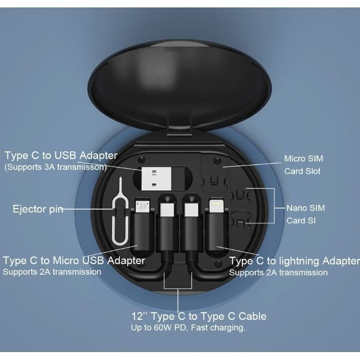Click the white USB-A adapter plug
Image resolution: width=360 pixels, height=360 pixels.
[x=156, y=178]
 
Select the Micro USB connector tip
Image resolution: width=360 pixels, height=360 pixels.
[x=142, y=206]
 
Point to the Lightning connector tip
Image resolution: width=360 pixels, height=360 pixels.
[x=216, y=205]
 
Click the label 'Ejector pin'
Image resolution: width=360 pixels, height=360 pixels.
[x=38, y=209]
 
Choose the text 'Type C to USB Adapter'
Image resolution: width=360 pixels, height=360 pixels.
[x=61, y=156]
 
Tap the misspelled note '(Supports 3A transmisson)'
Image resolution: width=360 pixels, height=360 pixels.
[x=56, y=167]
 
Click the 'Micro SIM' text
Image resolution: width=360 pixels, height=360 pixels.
[x=303, y=159]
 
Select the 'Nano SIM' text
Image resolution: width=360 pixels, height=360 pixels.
[x=305, y=208]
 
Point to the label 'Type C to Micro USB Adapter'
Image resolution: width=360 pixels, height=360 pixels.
[x=74, y=260]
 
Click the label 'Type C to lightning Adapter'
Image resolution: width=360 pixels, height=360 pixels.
[x=294, y=261]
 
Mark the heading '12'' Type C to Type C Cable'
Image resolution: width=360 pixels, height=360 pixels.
[x=199, y=316]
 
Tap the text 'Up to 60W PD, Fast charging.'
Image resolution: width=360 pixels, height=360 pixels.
[x=188, y=327]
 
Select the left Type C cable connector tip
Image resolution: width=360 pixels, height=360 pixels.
[x=167, y=210]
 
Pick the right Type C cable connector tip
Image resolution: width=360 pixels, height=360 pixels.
[x=191, y=210]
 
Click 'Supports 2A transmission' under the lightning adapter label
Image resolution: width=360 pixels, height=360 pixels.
[x=278, y=273]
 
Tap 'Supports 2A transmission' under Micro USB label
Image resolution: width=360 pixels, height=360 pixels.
[x=52, y=272]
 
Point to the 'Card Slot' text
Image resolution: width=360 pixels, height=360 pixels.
[x=302, y=172]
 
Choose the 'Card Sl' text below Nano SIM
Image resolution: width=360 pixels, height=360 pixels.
[x=301, y=221]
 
